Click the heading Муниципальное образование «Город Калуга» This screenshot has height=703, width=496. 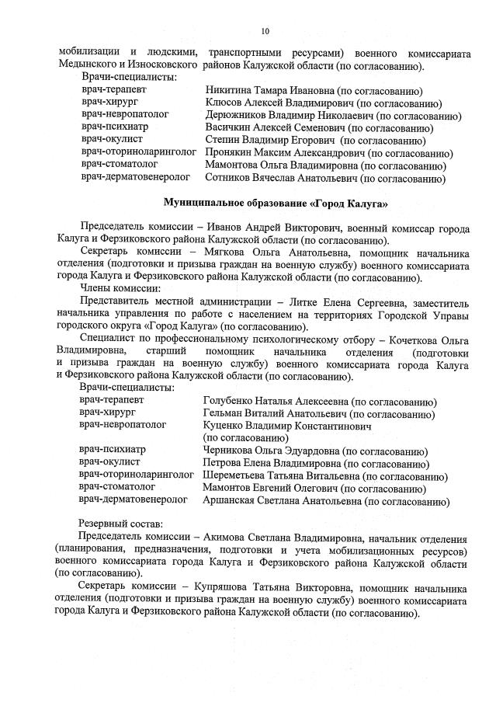coord(276,204)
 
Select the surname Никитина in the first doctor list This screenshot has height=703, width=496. coord(229,91)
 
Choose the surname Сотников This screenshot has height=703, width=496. coord(230,179)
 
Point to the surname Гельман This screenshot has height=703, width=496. coord(224,414)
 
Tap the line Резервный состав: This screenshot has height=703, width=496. coord(120,525)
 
